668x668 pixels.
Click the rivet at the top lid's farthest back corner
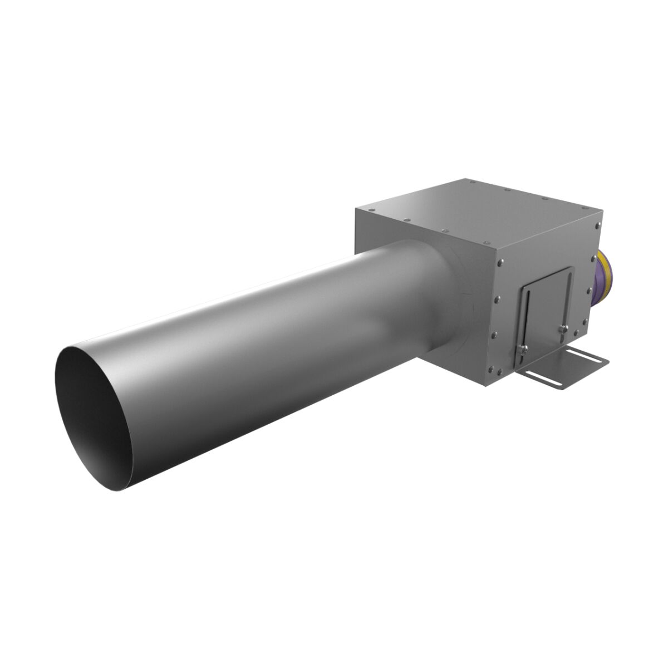point(472,181)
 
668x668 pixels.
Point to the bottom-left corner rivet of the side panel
point(493,369)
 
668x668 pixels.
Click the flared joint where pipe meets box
point(445,301)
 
